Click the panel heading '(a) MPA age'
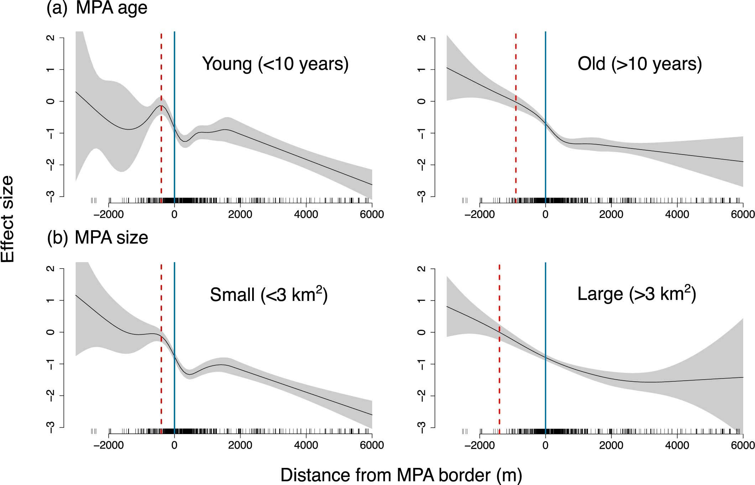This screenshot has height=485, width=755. pos(97,8)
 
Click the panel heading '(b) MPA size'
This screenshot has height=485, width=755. pos(97,238)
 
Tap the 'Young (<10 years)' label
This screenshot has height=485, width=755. pos(275,64)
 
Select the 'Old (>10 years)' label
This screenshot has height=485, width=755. pos(639,64)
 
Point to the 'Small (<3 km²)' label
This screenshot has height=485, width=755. pos(269,295)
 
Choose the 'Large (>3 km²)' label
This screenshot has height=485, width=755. pos(636,294)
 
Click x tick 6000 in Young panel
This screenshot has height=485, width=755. pos(372,215)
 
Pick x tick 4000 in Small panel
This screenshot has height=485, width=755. pos(306,445)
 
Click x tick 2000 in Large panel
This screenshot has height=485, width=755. pos(611,445)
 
